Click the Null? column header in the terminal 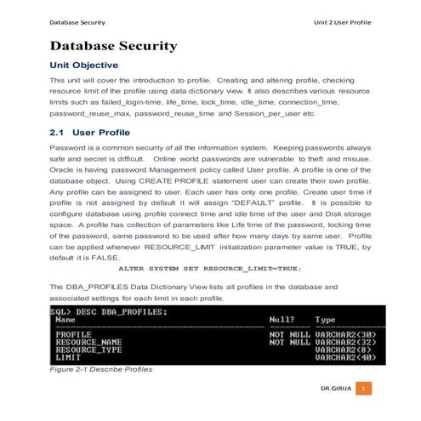click(282, 320)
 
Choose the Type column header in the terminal click(326, 320)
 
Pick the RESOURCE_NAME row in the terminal click(88, 342)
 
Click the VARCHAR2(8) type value click(341, 350)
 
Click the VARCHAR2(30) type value click(344, 334)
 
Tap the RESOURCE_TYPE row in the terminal click(88, 350)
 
